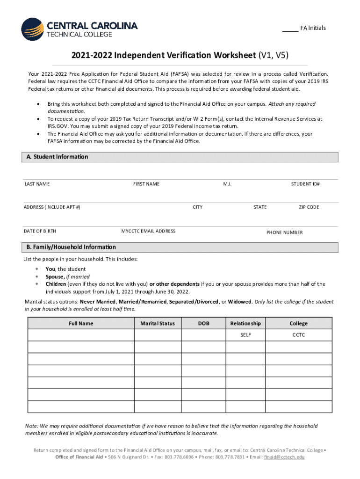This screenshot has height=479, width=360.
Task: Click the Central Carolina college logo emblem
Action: pos(32,29)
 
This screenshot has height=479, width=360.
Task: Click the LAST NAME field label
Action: pos(37,184)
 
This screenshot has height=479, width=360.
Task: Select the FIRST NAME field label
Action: pos(146,184)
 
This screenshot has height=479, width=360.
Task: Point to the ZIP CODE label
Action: pos(309,207)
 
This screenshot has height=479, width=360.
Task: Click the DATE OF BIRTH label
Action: pos(40,231)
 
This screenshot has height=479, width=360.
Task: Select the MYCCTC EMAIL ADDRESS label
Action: pos(149,231)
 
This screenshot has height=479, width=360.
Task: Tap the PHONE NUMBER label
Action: pos(284,232)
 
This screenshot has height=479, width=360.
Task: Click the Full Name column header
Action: pos(81,323)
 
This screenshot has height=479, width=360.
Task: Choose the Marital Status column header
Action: pos(158,323)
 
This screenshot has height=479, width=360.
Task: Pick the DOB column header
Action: pos(203,323)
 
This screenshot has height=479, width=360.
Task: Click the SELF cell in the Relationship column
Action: pos(246,335)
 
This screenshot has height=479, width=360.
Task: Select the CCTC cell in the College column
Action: pos(299,335)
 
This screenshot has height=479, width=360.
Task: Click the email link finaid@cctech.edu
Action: pos(284,457)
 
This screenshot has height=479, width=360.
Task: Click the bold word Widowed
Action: pos(239,302)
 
